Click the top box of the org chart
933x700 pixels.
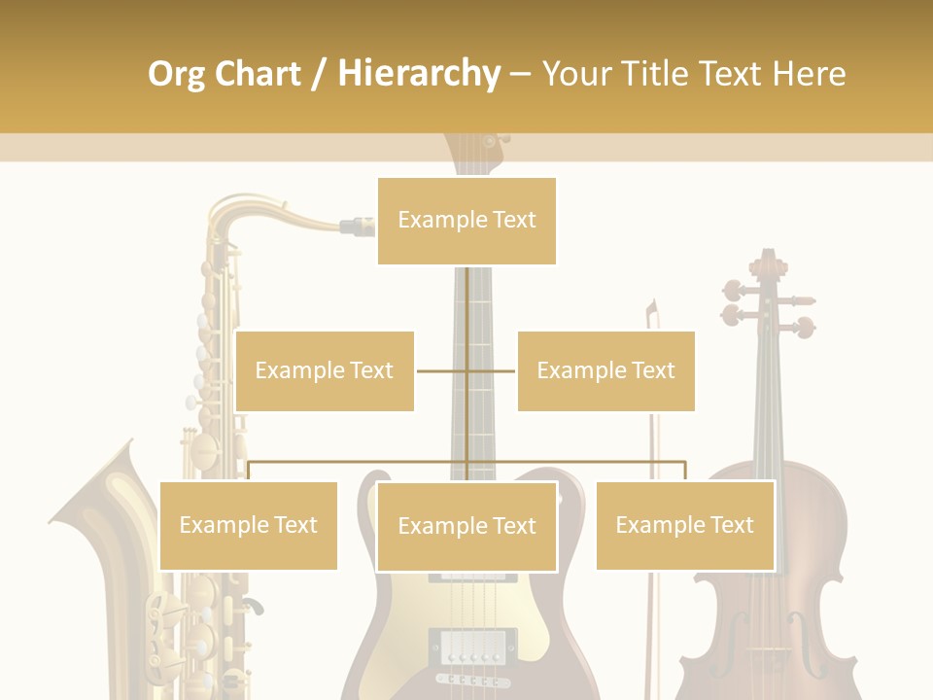pyautogui.click(x=466, y=221)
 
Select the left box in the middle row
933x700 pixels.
pyautogui.click(x=325, y=370)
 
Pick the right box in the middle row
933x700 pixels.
pyautogui.click(x=605, y=370)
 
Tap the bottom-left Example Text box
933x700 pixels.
pyautogui.click(x=249, y=525)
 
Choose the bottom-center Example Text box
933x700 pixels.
pyautogui.click(x=466, y=526)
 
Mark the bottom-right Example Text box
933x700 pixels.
pyautogui.click(x=684, y=525)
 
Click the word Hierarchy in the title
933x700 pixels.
pyautogui.click(x=419, y=74)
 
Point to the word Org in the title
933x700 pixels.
pyautogui.click(x=176, y=74)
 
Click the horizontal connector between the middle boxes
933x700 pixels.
pyautogui.click(x=466, y=370)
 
